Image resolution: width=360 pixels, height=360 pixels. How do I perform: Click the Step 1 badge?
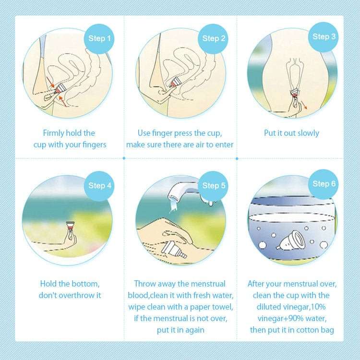pos(100,38)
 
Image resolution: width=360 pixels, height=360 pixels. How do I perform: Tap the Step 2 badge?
pos(214,38)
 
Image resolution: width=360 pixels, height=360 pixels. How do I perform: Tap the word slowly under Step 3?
pos(306,133)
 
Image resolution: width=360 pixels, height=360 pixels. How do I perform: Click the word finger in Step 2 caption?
pos(163,133)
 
